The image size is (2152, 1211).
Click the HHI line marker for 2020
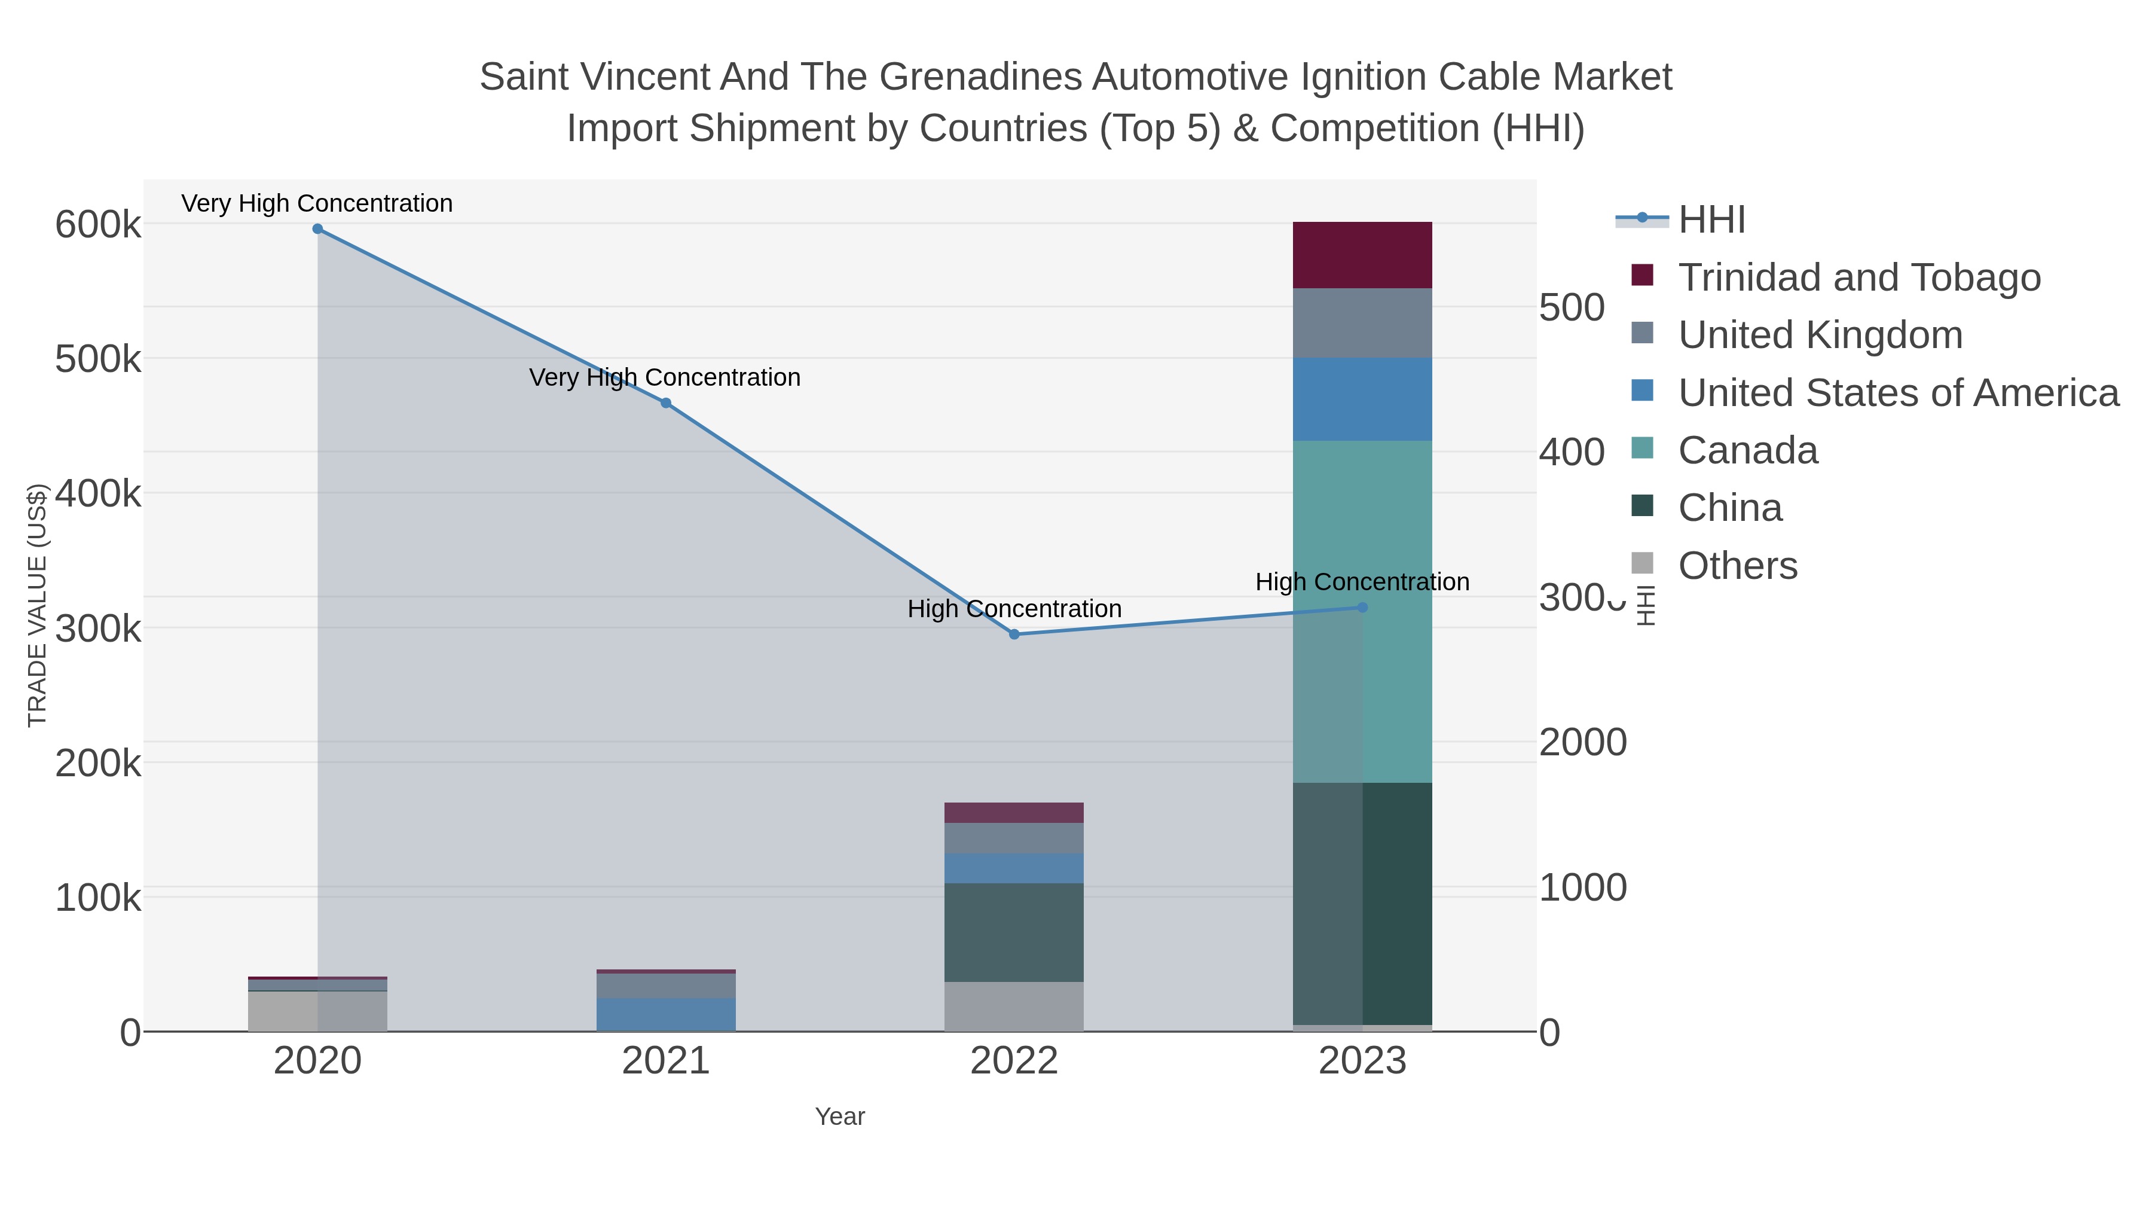(x=317, y=229)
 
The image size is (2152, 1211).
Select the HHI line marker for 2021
(x=666, y=403)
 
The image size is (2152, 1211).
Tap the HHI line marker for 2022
(x=1014, y=635)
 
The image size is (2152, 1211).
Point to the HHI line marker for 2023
(x=1362, y=608)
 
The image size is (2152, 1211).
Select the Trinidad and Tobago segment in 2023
(x=1362, y=255)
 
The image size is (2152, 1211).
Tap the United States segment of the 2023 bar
(x=1362, y=399)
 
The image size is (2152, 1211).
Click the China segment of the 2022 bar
(x=1014, y=932)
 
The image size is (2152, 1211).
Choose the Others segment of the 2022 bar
(x=1014, y=1006)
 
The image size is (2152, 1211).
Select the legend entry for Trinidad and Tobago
(x=1858, y=277)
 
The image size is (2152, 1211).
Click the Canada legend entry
(x=1748, y=450)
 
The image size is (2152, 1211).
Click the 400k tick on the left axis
(x=98, y=494)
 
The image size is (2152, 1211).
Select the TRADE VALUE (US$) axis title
(x=38, y=605)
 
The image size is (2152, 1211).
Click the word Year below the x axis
(x=840, y=1117)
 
